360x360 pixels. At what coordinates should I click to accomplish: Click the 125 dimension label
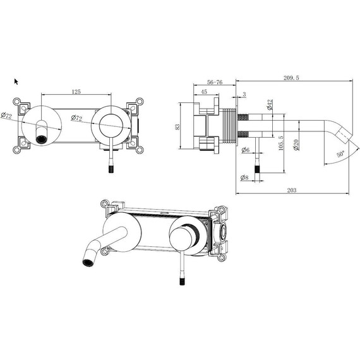[76, 92]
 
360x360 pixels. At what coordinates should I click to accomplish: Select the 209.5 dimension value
[291, 78]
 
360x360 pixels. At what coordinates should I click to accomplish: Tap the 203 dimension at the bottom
[292, 190]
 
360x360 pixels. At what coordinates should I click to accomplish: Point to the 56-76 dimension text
[215, 82]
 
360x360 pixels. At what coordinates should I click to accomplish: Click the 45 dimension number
[204, 92]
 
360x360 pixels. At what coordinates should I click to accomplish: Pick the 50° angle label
[340, 154]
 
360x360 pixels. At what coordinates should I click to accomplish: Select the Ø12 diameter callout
[270, 104]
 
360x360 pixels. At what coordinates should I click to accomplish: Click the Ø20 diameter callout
[296, 145]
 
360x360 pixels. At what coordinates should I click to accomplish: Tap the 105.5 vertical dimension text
[281, 143]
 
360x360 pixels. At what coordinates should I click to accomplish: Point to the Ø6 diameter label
[246, 150]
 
